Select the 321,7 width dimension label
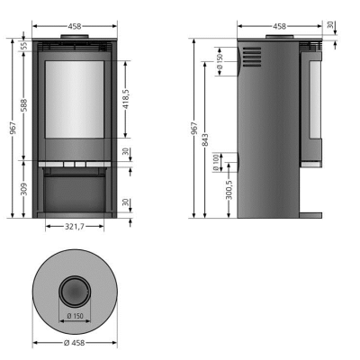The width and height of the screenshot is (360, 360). pyautogui.click(x=75, y=227)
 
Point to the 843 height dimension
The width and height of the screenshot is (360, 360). pyautogui.click(x=205, y=140)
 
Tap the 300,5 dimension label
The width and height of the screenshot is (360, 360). pyautogui.click(x=229, y=190)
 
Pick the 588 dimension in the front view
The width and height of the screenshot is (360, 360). pyautogui.click(x=23, y=105)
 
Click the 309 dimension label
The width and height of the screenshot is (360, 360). pyautogui.click(x=23, y=189)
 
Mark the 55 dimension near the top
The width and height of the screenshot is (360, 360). pyautogui.click(x=23, y=46)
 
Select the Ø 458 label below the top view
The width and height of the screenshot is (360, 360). pyautogui.click(x=75, y=343)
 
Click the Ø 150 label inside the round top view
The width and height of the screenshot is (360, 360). pyautogui.click(x=75, y=316)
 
